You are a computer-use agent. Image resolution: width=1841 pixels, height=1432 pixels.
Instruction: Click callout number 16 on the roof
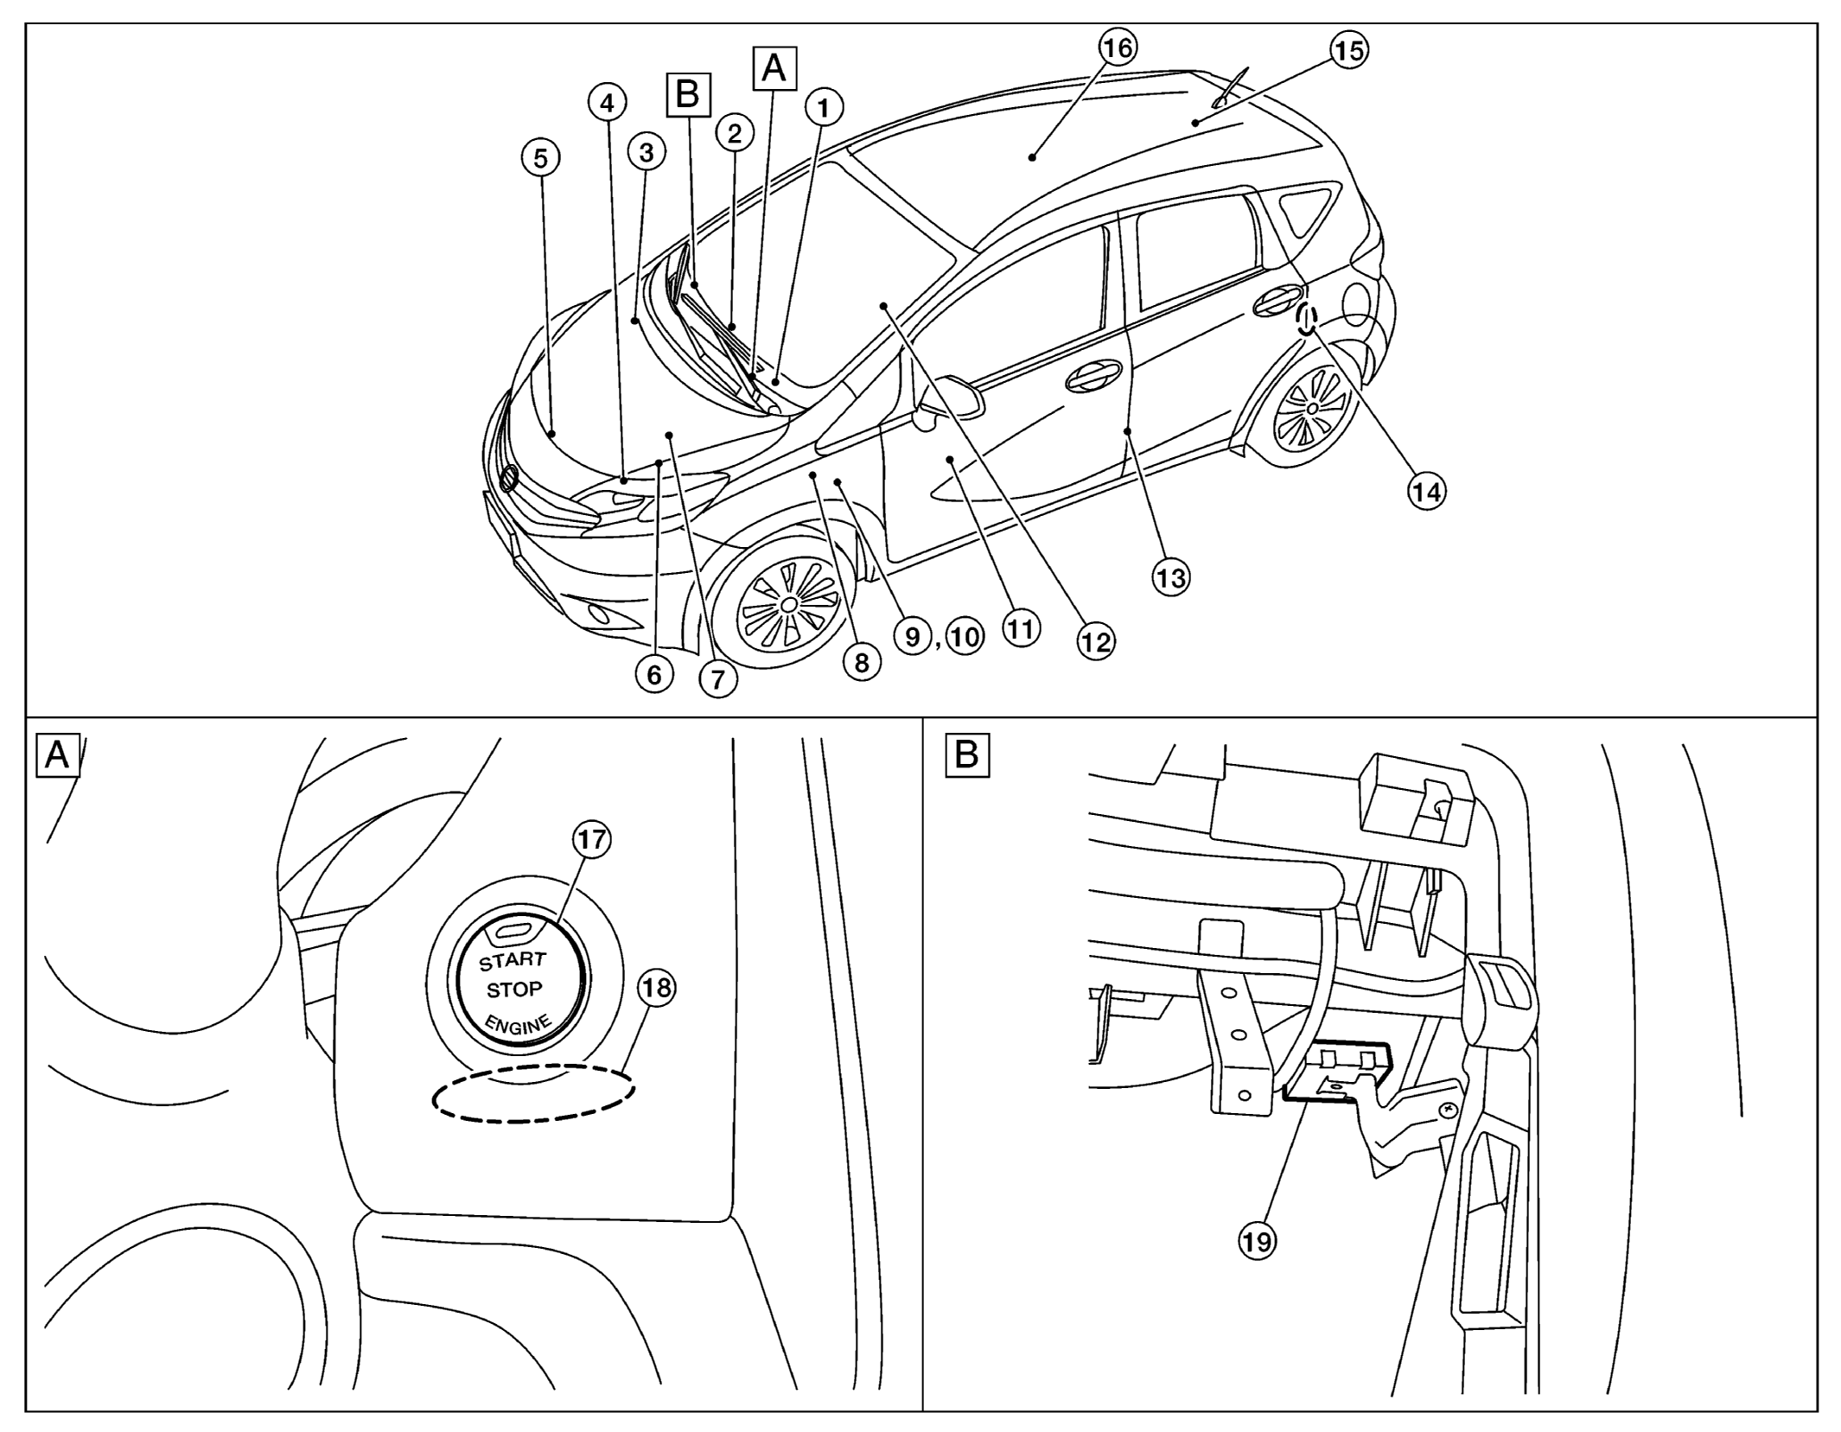[1118, 48]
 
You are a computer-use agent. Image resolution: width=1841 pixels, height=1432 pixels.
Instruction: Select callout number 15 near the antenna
[1347, 50]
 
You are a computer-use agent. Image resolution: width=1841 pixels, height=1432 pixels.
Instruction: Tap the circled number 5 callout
[540, 158]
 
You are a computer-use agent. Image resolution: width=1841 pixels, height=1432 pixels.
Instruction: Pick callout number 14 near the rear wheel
[1426, 492]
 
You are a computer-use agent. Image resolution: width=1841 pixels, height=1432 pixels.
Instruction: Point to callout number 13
[1170, 577]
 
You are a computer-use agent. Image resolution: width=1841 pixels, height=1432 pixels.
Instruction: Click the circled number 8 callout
[861, 662]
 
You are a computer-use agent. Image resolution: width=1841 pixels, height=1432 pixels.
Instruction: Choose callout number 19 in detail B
[1257, 1242]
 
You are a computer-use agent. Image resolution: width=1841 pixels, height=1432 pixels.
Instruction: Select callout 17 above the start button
[592, 839]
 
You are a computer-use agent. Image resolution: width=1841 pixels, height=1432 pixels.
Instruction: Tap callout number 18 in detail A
[657, 987]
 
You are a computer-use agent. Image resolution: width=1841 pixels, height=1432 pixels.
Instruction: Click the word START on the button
[513, 961]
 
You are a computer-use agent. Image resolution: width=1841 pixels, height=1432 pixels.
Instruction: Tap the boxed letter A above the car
[774, 68]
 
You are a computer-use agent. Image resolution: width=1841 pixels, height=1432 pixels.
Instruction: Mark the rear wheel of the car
[1311, 407]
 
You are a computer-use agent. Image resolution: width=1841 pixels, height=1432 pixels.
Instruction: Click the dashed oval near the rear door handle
[1305, 318]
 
